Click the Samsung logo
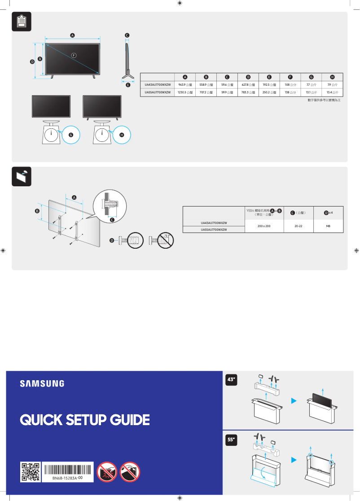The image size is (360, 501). click(42, 384)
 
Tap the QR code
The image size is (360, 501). click(31, 473)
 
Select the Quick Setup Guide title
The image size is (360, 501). click(85, 420)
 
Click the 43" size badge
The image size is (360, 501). click(232, 381)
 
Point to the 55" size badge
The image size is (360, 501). click(232, 440)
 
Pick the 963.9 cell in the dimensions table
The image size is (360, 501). click(185, 84)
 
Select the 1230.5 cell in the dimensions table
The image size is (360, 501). click(185, 92)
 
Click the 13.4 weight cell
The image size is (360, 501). click(332, 92)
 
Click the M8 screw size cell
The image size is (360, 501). click(328, 226)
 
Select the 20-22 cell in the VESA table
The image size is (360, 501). click(298, 226)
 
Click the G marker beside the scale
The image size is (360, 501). click(70, 135)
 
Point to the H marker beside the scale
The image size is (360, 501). click(121, 135)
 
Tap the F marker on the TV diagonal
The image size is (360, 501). click(74, 55)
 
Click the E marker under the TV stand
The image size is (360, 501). click(127, 84)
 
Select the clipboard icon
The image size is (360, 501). click(21, 22)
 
